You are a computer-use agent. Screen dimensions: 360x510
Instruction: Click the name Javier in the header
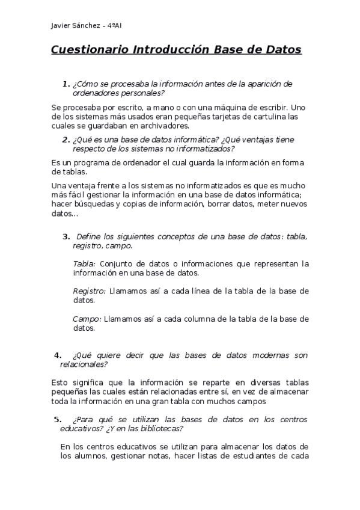tap(61, 26)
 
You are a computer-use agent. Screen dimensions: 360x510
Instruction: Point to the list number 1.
tap(66, 84)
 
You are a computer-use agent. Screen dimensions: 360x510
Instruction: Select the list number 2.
tap(66, 140)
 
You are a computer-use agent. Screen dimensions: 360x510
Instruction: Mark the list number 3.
tap(66, 236)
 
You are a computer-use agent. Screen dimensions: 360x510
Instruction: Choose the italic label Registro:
tap(89, 291)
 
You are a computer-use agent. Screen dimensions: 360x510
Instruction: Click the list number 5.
tap(57, 419)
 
